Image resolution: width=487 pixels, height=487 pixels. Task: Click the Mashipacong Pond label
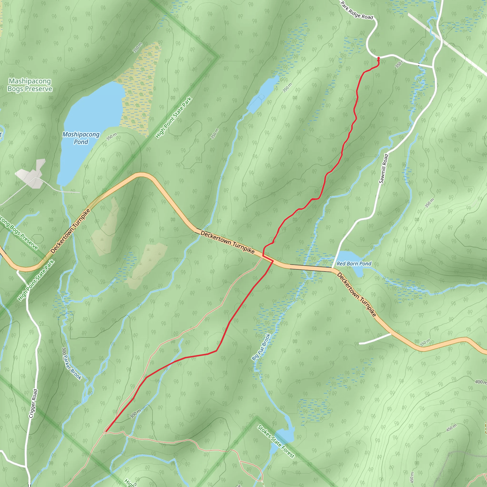click(81, 138)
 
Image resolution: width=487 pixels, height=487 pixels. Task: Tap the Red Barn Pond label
click(354, 264)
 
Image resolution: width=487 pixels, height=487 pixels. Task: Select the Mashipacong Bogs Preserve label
click(30, 85)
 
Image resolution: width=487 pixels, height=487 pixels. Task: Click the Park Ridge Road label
click(356, 11)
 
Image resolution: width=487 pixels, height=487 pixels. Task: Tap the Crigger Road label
click(33, 404)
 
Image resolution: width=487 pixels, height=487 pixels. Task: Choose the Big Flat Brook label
click(261, 347)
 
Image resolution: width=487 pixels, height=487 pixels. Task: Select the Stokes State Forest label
click(276, 441)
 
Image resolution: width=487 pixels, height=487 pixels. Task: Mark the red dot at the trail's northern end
click(378, 58)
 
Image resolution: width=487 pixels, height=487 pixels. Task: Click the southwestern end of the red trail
click(106, 431)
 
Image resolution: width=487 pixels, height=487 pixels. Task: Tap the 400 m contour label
click(480, 382)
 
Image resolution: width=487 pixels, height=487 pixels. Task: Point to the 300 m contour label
click(135, 414)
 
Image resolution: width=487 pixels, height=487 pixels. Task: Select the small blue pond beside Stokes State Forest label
click(285, 434)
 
